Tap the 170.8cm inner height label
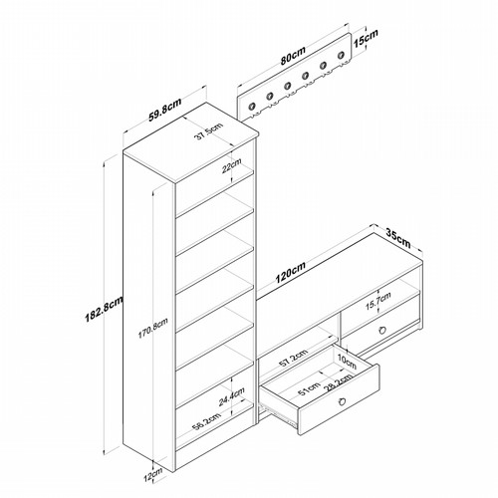[x=153, y=328]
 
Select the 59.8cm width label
[x=165, y=110]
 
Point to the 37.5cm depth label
[x=209, y=131]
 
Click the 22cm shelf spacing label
[x=232, y=166]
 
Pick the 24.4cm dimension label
[x=232, y=396]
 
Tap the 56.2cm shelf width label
[x=207, y=421]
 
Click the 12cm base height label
[x=153, y=475]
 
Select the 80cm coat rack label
[x=293, y=56]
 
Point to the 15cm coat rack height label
[x=366, y=38]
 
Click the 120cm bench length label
[x=291, y=273]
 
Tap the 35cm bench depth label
[x=398, y=238]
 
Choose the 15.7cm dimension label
[x=378, y=301]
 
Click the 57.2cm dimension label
[x=293, y=358]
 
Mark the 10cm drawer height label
[x=347, y=362]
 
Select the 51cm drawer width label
[x=309, y=388]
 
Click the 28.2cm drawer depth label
[x=340, y=382]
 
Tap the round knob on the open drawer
[x=343, y=401]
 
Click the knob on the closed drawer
[x=382, y=331]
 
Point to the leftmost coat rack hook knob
[x=252, y=107]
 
